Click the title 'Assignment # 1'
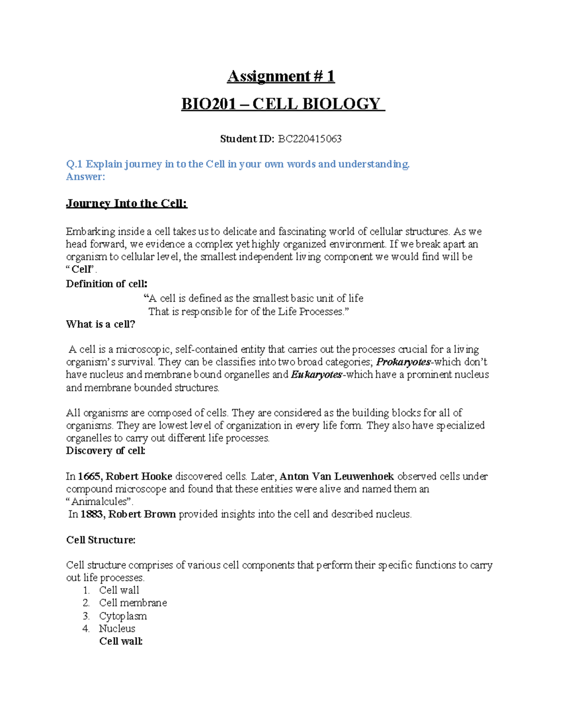[281, 76]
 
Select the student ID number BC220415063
[310, 139]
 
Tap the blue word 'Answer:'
[86, 177]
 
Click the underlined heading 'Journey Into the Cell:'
[126, 203]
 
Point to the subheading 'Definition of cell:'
[107, 284]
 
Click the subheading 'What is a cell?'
[100, 324]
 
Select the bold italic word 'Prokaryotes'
[403, 362]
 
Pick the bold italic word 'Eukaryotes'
[317, 375]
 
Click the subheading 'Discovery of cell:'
[106, 450]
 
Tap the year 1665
[89, 477]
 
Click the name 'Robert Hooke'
[139, 477]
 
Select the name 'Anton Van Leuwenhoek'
[336, 477]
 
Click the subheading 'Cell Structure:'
[101, 540]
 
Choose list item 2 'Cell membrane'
[133, 603]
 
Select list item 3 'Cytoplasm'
[123, 616]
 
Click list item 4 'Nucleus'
[117, 629]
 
